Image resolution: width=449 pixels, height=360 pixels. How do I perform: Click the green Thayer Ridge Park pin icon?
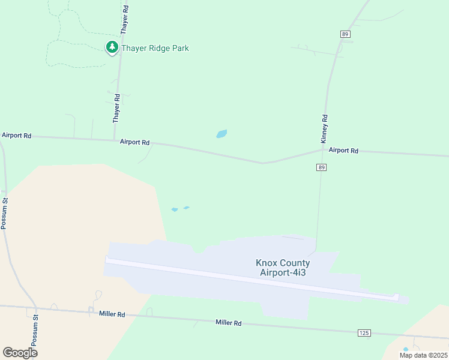pos(112,47)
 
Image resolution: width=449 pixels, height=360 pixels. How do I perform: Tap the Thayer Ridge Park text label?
pos(155,48)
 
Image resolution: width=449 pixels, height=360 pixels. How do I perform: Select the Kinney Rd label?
pos(325,128)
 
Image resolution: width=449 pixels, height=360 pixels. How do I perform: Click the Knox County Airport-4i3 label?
pos(283,268)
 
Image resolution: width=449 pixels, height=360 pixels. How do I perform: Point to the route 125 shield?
pos(364,332)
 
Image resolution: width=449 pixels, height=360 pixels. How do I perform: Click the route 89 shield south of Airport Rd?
pos(322,167)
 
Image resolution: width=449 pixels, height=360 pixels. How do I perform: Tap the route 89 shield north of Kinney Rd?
pos(345,34)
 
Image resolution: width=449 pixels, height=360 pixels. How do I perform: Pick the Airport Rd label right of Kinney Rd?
pos(343,151)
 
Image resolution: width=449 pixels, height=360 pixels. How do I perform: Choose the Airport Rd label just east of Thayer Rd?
pos(134,142)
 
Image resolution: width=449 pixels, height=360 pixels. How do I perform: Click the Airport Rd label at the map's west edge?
pos(16,136)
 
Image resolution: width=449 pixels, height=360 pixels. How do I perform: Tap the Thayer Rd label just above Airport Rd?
pos(117,109)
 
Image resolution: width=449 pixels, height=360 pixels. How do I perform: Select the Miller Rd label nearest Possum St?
pos(112,314)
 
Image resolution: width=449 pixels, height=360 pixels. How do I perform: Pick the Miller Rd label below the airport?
pos(228,323)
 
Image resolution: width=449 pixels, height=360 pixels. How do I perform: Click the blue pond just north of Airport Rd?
pos(221,134)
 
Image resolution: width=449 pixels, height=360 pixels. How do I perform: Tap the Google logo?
pos(20,353)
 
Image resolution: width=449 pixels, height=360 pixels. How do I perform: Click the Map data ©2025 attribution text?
pos(423,355)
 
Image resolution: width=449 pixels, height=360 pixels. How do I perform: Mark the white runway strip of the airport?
pos(252,278)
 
